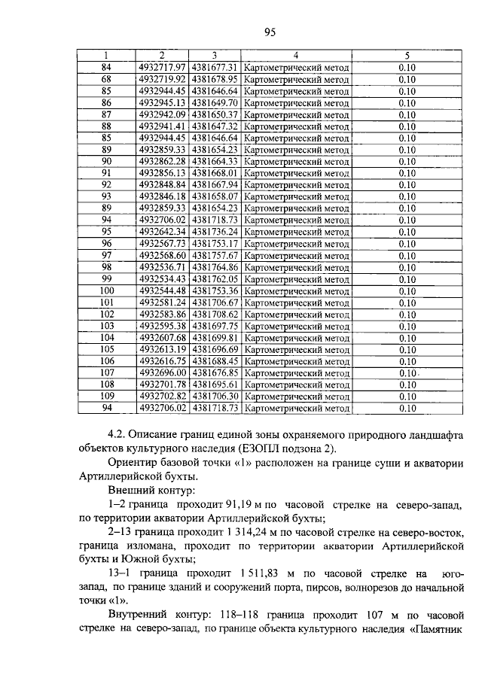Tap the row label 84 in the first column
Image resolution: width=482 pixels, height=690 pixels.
106,67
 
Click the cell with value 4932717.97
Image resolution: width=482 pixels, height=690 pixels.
162,67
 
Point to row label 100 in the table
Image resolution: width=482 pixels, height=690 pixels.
106,290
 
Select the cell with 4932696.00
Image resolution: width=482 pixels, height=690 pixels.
162,372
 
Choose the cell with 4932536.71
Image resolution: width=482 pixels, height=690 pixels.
162,267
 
